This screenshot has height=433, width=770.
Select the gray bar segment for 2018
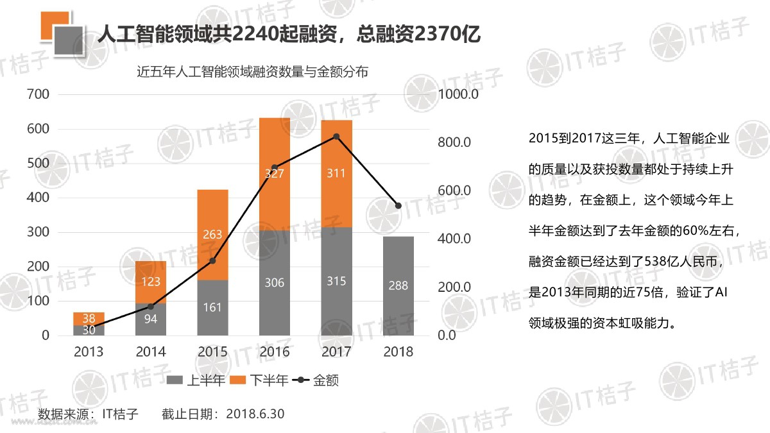[398, 285]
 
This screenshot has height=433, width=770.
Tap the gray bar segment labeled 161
[212, 307]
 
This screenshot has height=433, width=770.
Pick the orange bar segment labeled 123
[151, 282]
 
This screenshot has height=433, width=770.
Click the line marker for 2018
[398, 206]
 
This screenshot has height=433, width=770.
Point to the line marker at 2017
[336, 137]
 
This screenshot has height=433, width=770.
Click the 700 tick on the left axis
[37, 94]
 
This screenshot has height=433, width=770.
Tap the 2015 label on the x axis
[212, 352]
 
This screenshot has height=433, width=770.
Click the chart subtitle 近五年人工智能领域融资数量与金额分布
[253, 72]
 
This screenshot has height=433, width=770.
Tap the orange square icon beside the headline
[51, 25]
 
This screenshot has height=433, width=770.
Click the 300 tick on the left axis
[37, 232]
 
